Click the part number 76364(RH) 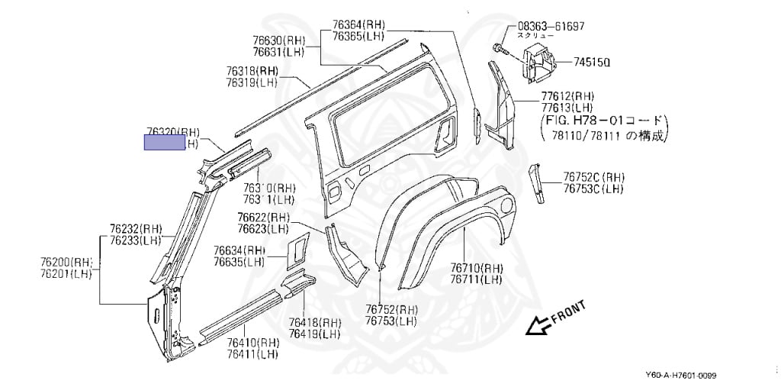click(358, 24)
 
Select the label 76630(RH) click(279, 39)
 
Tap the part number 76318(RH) click(252, 71)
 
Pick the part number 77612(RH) click(567, 96)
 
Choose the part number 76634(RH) click(239, 250)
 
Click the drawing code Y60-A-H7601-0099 click(681, 375)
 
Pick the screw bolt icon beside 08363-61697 click(500, 47)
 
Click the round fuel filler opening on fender click(506, 204)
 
